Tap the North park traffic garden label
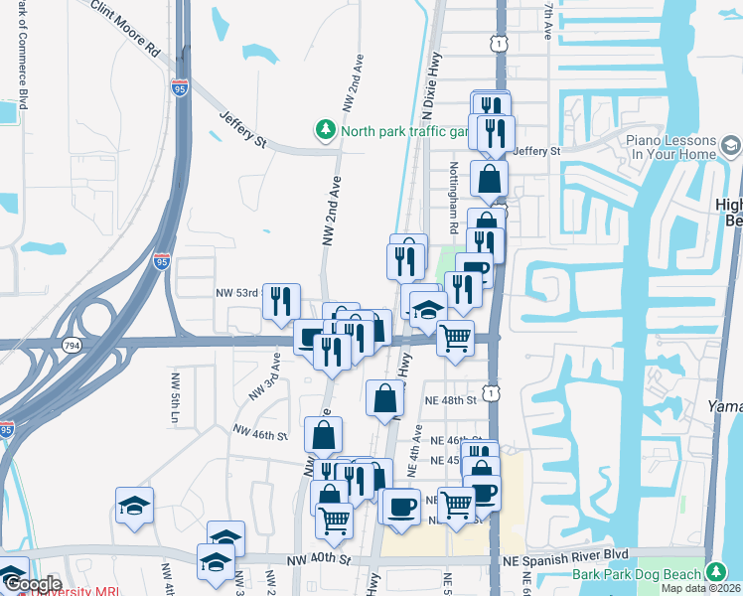[x=403, y=130]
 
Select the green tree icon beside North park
[x=325, y=130]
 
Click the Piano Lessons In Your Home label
[x=672, y=148]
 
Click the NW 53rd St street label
[x=237, y=293]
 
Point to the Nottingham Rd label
[x=452, y=198]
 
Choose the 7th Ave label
[x=547, y=20]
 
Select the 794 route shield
[x=73, y=345]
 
